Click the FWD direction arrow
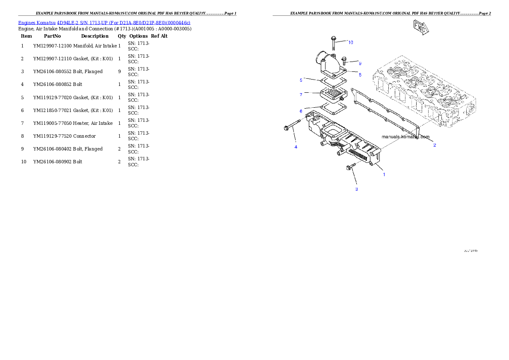(421, 27)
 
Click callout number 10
(350, 42)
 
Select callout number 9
(360, 63)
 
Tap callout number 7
(301, 94)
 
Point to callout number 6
(301, 111)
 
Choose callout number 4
(295, 147)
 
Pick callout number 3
(356, 189)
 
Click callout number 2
(435, 145)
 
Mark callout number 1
(384, 174)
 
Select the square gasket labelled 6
(331, 109)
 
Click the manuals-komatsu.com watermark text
(405, 137)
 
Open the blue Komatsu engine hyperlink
(104, 22)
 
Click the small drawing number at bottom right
(470, 251)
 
